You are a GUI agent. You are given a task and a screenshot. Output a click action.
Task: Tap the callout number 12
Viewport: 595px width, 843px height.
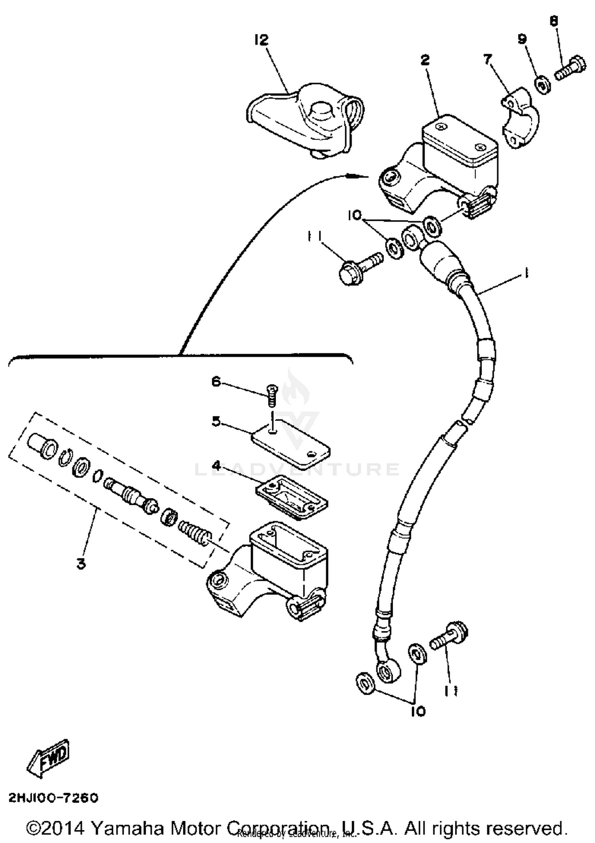click(261, 40)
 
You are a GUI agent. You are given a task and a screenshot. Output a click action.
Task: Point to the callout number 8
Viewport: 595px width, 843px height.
click(554, 21)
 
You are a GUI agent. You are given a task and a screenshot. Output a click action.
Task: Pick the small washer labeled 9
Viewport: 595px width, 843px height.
click(544, 85)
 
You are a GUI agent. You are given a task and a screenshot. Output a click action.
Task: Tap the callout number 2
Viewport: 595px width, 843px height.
click(424, 60)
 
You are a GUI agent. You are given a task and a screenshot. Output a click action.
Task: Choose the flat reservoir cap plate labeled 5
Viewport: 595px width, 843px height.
click(292, 444)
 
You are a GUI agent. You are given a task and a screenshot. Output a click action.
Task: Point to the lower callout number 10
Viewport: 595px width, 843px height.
click(418, 711)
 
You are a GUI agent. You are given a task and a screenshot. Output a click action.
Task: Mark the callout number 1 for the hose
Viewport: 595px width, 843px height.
click(526, 273)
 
